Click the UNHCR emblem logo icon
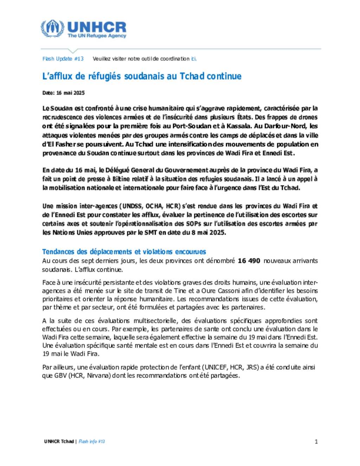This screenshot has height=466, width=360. coord(52,29)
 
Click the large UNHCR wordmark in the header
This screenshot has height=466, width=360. coord(97,27)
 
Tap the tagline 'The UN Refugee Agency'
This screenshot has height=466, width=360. coord(97,36)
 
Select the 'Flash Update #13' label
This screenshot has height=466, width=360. coord(63,59)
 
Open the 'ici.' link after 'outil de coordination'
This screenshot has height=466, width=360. coord(194,59)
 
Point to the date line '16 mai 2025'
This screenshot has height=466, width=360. coord(70,93)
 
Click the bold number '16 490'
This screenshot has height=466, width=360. coord(249,261)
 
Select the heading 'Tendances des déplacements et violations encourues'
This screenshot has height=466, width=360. coord(124,252)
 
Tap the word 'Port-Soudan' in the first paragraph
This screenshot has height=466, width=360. coord(192,126)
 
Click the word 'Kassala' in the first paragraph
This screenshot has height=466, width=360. coord(240,126)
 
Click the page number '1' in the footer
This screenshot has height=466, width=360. coord(316,442)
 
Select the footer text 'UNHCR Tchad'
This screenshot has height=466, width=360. coord(59,442)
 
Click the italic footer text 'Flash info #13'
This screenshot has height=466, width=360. coord(92,442)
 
